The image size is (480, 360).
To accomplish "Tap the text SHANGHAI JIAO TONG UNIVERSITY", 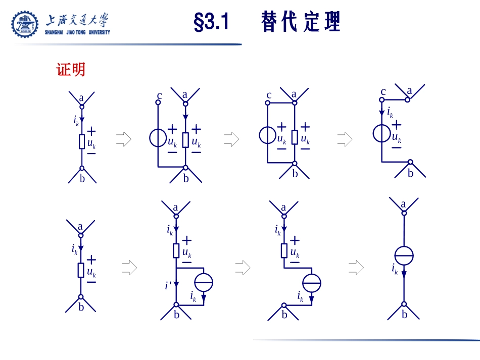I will coord(77,32).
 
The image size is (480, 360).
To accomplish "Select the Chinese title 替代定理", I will coord(301,23).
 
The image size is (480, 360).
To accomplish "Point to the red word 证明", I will coord(71,70).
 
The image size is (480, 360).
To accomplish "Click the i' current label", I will coord(168,286).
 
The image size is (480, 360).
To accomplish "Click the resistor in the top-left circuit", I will coord(82,142).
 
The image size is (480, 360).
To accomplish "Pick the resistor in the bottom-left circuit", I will coord(80,270).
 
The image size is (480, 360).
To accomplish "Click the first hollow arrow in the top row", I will coord(123,139).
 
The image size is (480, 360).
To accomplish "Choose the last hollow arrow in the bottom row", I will coord(356,268).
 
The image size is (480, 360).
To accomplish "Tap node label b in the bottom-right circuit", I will coord(405,315).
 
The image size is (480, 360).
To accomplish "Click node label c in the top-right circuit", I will coord(383,92).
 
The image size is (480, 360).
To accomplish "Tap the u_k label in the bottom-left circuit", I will coord(91,273).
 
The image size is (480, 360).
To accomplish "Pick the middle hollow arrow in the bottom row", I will coord(243,268).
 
